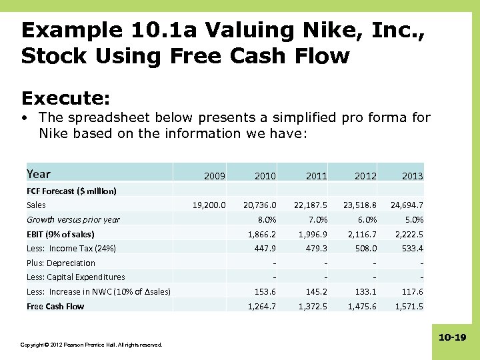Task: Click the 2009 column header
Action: coord(214,176)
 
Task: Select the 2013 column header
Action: coord(412,176)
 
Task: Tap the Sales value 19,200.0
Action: coord(209,205)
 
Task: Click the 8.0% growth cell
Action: coord(266,220)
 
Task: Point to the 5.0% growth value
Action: coord(414,220)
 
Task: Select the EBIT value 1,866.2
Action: coord(261,234)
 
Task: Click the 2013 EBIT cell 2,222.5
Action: coord(409,234)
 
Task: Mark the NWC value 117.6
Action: coord(413,291)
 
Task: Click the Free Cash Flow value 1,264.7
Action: coord(261,306)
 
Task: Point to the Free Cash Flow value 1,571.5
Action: coord(409,306)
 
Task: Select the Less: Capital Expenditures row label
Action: coord(75,277)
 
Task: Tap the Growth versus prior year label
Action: coord(73,220)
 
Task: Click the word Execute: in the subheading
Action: coord(65,99)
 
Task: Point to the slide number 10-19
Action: coord(453,338)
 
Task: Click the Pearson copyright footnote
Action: coord(91,345)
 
